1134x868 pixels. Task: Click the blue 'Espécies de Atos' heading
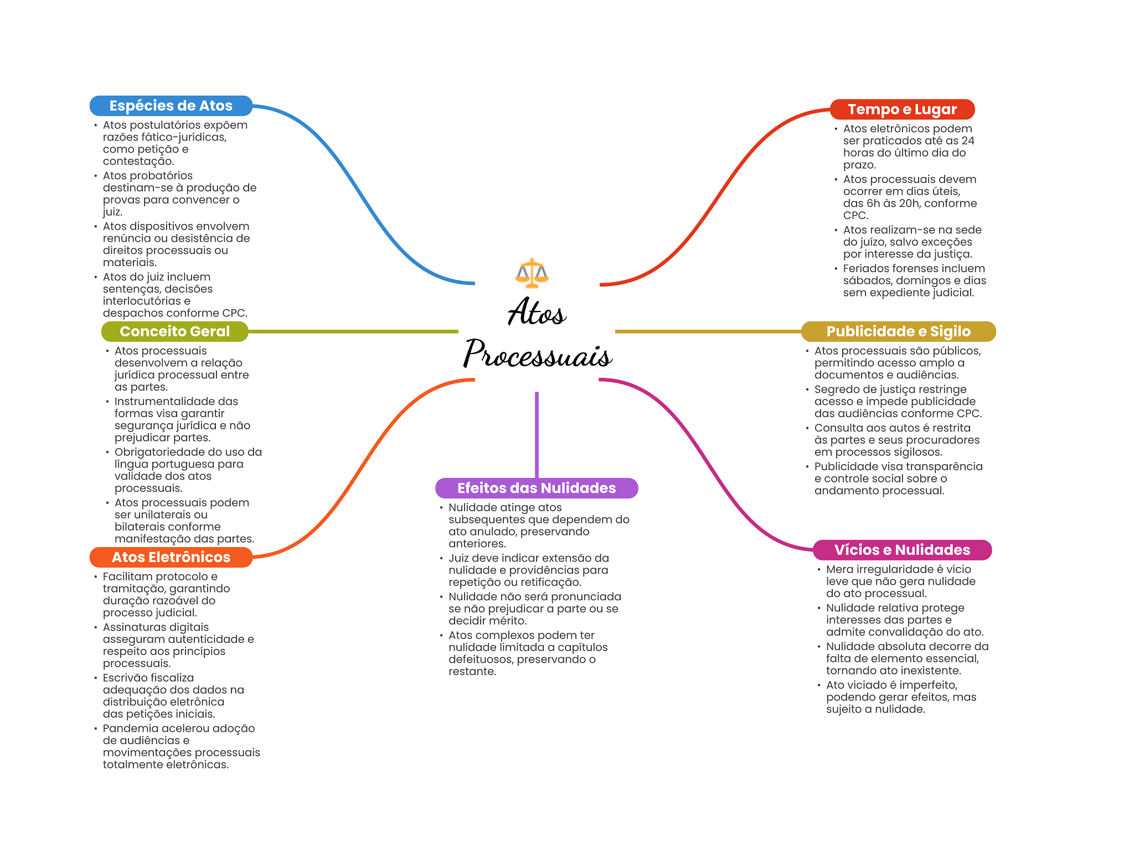pyautogui.click(x=171, y=106)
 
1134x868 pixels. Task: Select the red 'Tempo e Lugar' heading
pyautogui.click(x=902, y=110)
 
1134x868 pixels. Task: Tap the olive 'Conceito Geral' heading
pyautogui.click(x=174, y=331)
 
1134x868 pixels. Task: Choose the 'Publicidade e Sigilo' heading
pyautogui.click(x=898, y=331)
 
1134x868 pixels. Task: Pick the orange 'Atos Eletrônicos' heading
pyautogui.click(x=171, y=557)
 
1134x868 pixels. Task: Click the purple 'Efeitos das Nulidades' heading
pyautogui.click(x=536, y=488)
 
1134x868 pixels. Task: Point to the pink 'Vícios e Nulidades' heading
pyautogui.click(x=902, y=550)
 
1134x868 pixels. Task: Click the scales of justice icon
pyautogui.click(x=532, y=273)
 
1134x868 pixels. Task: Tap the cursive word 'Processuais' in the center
pyautogui.click(x=538, y=354)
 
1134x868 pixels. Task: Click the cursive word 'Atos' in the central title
pyautogui.click(x=537, y=313)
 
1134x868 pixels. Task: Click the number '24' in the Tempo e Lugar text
pyautogui.click(x=967, y=141)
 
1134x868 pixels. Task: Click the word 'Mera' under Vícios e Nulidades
pyautogui.click(x=839, y=569)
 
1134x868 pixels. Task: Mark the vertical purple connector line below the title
pyautogui.click(x=537, y=434)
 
